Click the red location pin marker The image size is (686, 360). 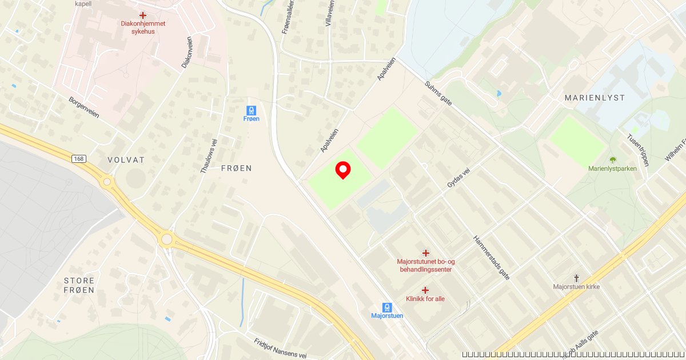342,170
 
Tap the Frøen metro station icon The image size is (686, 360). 251,110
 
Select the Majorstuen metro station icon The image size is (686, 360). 387,307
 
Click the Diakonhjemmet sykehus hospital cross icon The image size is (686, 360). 142,15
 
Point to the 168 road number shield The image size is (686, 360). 79,158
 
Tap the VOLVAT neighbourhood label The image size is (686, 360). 126,160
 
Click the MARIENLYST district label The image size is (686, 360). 595,98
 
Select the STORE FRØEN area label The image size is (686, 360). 79,285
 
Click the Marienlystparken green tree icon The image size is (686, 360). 613,160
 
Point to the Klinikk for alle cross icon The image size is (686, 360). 425,290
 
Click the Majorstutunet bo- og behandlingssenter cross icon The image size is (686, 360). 425,253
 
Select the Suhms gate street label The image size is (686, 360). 438,93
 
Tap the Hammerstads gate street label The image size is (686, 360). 491,258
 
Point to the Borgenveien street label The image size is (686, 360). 84,107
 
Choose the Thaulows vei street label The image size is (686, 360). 209,156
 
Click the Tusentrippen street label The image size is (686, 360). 638,150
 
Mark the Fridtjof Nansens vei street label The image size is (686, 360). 280,349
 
